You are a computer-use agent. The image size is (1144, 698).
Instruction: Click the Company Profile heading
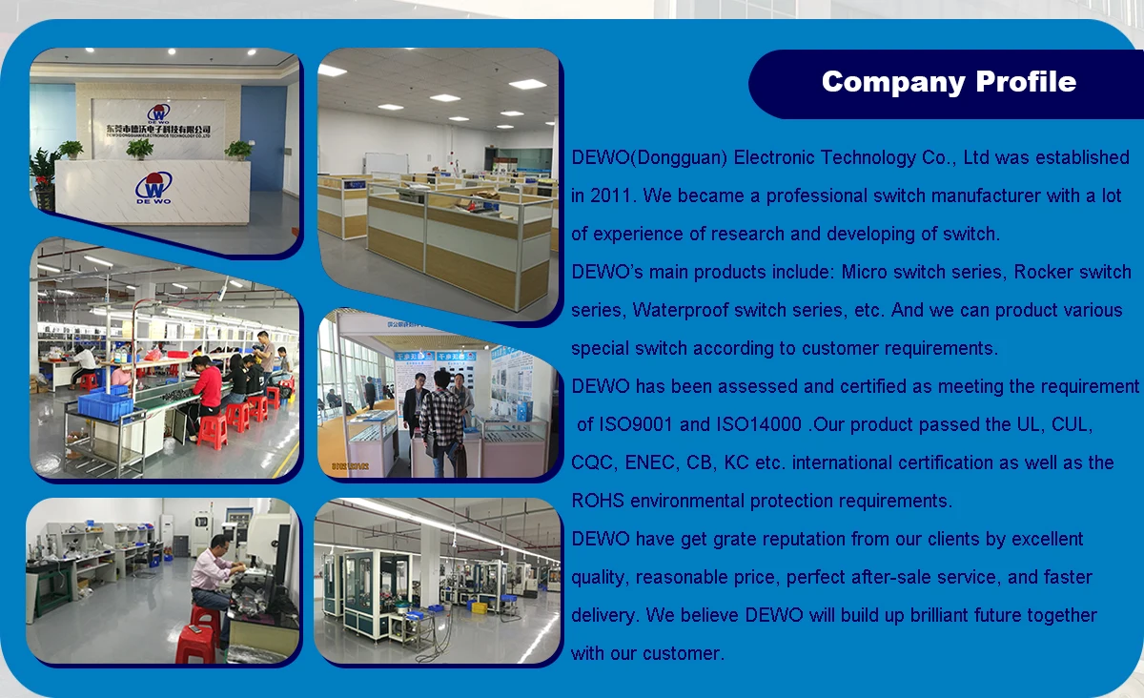pos(949,82)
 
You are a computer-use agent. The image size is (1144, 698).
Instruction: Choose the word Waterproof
pos(685,310)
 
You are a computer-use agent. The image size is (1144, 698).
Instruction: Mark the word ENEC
pos(651,462)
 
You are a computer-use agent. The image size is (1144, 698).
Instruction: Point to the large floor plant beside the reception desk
pos(44,176)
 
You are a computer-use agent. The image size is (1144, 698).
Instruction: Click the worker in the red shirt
pos(208,386)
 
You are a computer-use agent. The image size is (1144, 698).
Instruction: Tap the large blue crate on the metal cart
pos(105,405)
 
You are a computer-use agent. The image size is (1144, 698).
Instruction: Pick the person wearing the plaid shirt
pos(441,420)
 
